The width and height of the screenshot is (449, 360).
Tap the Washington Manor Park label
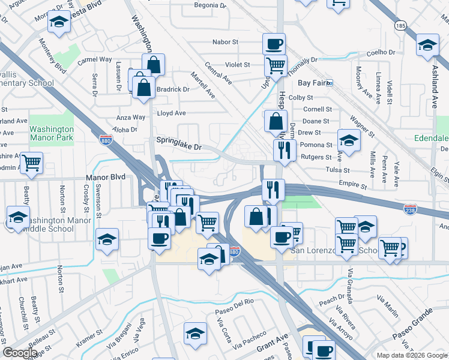click(x=52, y=133)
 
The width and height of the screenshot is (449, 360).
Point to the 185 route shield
click(x=400, y=26)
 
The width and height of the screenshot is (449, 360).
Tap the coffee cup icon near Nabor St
click(x=274, y=44)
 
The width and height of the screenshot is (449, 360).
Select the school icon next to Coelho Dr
click(x=427, y=46)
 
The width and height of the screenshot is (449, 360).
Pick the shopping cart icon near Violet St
click(x=276, y=65)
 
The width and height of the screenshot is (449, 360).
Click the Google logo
click(x=20, y=352)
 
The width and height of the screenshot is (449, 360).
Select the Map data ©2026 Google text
click(x=412, y=355)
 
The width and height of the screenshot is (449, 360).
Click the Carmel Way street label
click(x=95, y=60)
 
